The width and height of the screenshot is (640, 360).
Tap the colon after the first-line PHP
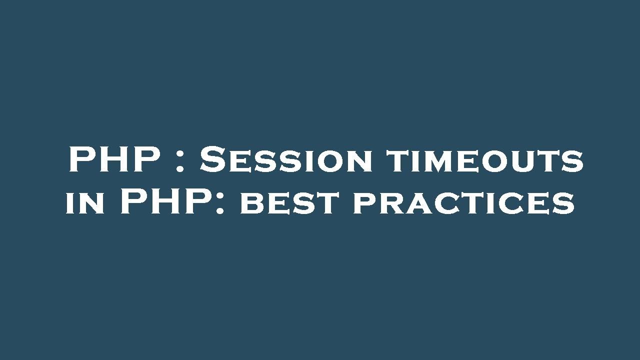coord(179,162)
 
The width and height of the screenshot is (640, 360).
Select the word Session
coord(286,159)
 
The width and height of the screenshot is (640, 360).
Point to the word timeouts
coord(484,161)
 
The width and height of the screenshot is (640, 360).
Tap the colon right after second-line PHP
coord(219,204)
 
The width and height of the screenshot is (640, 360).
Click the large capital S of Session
coord(212,159)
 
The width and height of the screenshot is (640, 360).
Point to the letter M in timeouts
coord(440,161)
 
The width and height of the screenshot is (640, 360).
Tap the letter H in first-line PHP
coord(113,159)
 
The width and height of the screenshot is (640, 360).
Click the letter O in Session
coord(329,161)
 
